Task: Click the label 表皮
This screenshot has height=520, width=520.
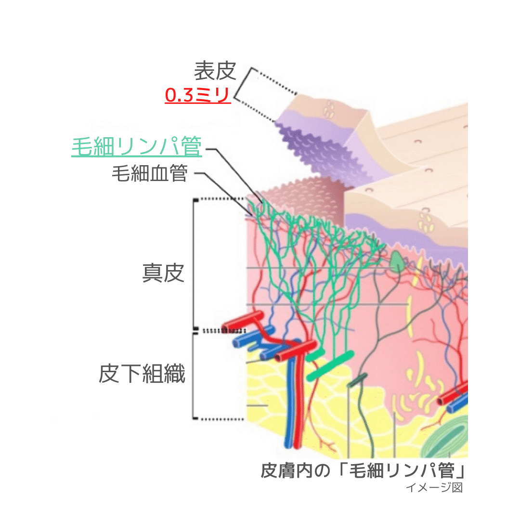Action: coord(215,71)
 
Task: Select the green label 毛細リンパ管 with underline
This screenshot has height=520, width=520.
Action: coord(136,146)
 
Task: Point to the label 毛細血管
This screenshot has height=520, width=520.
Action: coord(149,173)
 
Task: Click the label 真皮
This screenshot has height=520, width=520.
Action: coord(163,273)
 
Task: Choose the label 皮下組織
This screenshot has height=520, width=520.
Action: coord(142,373)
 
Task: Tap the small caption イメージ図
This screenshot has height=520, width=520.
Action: coord(434,487)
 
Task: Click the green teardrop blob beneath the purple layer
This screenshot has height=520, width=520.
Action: coord(397,261)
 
